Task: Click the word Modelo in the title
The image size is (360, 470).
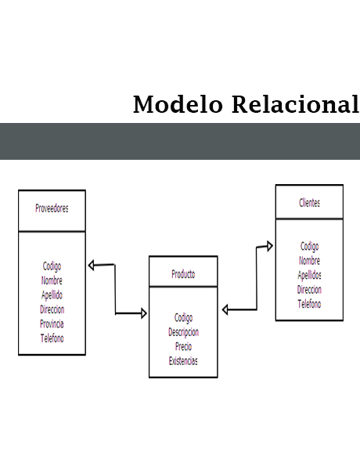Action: (x=178, y=104)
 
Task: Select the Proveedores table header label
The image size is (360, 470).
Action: (x=52, y=208)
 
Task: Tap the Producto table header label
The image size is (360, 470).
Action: (x=183, y=274)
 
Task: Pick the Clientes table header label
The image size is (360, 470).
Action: (x=309, y=203)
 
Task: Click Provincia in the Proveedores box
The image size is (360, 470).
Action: (x=52, y=324)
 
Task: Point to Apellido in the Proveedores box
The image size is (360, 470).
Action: (x=52, y=295)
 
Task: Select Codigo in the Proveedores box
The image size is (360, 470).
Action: (x=52, y=266)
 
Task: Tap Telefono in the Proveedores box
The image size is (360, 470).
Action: (x=52, y=338)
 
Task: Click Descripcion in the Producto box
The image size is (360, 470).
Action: (x=183, y=332)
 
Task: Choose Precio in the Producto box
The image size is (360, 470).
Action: (x=183, y=346)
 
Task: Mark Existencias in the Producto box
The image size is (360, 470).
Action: (x=183, y=361)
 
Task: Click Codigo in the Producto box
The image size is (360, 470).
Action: (x=183, y=318)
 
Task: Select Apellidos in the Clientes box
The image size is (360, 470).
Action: (x=309, y=275)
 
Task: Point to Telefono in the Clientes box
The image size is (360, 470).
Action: (x=309, y=304)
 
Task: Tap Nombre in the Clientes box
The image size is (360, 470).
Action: (x=309, y=261)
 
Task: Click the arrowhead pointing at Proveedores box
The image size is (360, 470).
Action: (x=92, y=266)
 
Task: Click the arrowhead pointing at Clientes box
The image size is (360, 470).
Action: (x=270, y=247)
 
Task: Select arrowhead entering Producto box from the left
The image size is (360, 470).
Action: (x=144, y=313)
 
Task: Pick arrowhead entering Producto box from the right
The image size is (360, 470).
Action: (x=225, y=309)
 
